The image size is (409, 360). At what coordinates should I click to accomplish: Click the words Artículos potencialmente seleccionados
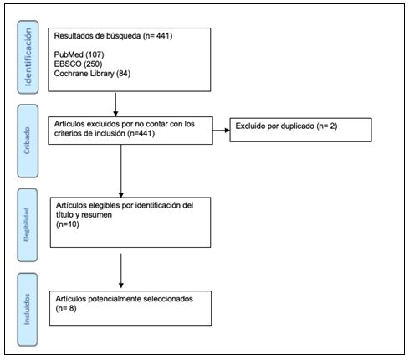(123, 298)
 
